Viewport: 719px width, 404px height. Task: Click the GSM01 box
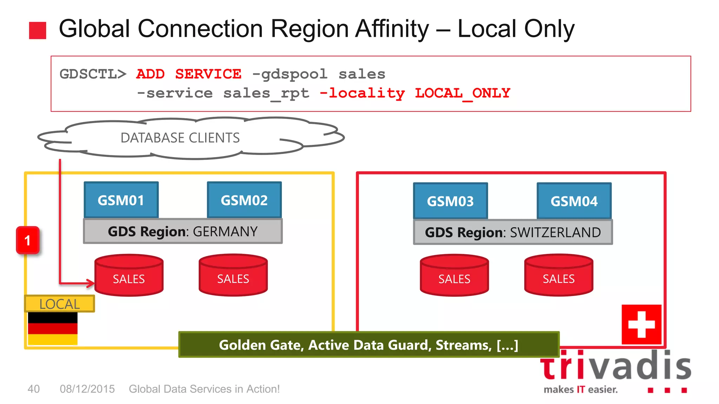click(x=121, y=200)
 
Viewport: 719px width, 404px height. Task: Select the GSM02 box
click(x=244, y=200)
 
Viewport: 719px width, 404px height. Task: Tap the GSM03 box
click(x=450, y=201)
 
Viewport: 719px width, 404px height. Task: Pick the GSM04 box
click(x=574, y=201)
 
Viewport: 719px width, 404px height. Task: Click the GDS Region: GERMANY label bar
click(x=183, y=231)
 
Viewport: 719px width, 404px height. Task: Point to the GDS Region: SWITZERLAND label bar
click(x=513, y=232)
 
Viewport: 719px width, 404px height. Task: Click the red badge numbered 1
click(x=28, y=240)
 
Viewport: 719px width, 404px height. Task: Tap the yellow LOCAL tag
click(x=59, y=304)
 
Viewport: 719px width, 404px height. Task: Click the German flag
click(x=53, y=328)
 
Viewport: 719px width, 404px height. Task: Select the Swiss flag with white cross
click(x=641, y=324)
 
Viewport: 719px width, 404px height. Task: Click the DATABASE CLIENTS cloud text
click(x=180, y=138)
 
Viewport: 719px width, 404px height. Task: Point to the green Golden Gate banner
click(x=369, y=345)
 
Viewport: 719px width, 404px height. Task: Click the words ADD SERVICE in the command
click(x=189, y=74)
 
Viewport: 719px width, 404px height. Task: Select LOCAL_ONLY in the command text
click(x=462, y=93)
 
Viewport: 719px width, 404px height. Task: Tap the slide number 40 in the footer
click(x=34, y=389)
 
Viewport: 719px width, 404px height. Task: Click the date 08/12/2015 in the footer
click(x=87, y=389)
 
